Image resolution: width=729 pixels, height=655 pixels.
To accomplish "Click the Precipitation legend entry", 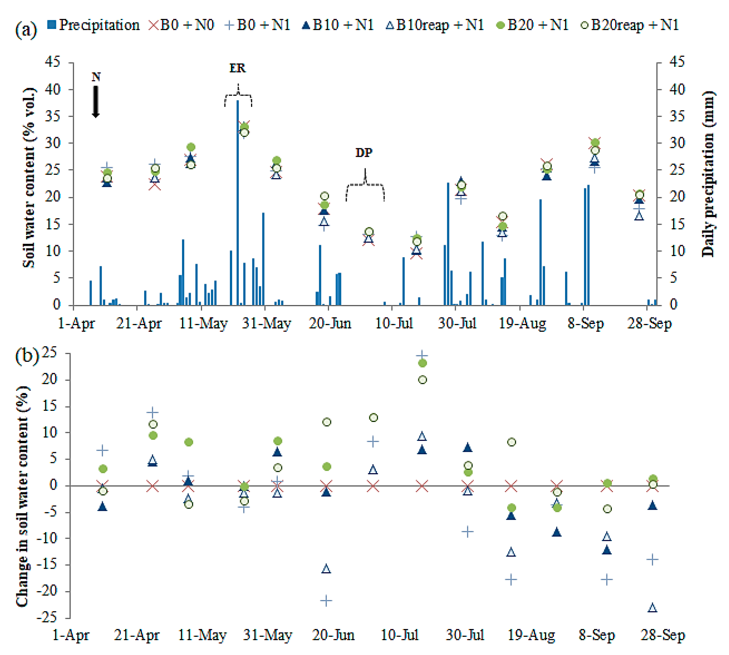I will tap(94, 25).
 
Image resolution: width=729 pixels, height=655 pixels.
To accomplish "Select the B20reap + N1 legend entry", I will tap(630, 25).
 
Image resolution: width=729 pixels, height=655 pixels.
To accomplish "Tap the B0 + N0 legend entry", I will tap(182, 25).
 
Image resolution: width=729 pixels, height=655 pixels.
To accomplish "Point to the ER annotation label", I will tap(237, 68).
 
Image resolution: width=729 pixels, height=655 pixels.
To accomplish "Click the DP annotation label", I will tap(364, 153).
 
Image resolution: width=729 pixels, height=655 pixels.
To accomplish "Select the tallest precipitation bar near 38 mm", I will tap(237, 201).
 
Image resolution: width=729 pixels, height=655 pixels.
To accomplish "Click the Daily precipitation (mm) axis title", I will tap(708, 174).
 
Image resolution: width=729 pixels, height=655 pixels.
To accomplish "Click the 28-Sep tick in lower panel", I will tap(663, 635).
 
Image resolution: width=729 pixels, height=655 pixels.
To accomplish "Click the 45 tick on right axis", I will tap(677, 62).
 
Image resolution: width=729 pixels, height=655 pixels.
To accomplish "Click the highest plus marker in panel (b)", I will tap(422, 356).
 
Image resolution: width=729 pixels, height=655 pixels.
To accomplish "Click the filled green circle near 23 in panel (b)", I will tap(422, 363).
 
